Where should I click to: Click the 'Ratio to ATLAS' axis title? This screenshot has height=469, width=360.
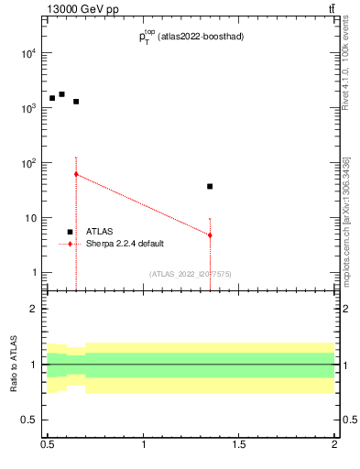click(14, 365)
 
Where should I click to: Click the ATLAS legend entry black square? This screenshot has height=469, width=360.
click(70, 233)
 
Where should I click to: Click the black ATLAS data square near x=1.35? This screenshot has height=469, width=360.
click(210, 187)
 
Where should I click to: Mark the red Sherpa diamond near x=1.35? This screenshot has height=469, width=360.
click(210, 235)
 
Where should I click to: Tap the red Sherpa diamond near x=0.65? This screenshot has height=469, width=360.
click(76, 174)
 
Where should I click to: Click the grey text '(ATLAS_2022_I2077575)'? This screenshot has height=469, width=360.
click(191, 273)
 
